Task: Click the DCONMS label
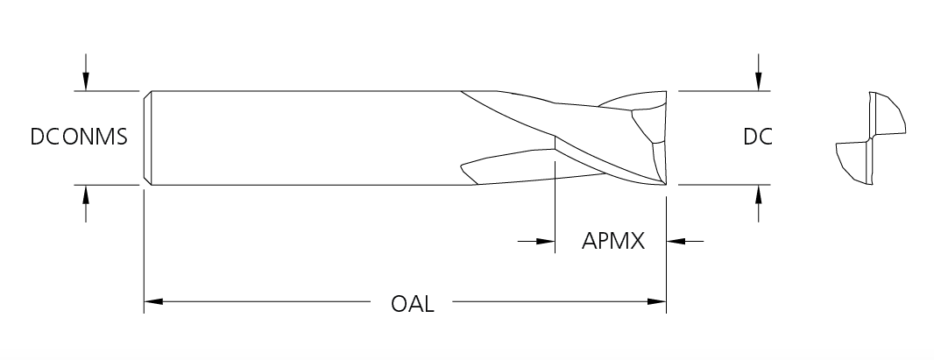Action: [x=79, y=137]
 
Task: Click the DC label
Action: [x=757, y=137]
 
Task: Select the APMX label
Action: [x=613, y=241]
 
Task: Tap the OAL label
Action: [x=412, y=303]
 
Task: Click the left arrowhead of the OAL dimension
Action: [x=153, y=301]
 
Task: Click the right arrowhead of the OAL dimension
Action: [x=656, y=301]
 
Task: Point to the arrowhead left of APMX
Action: [x=546, y=242]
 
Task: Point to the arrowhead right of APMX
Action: [x=676, y=242]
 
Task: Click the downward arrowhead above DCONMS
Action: [x=86, y=81]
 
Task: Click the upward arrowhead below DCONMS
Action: [x=86, y=194]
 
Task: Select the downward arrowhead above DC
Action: [x=758, y=81]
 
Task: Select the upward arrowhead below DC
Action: [x=758, y=194]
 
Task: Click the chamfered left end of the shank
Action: [x=148, y=138]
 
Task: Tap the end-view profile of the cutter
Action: [x=871, y=138]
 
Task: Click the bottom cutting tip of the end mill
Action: [x=665, y=185]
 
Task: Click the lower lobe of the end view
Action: [x=854, y=162]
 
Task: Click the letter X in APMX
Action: [x=637, y=241]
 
